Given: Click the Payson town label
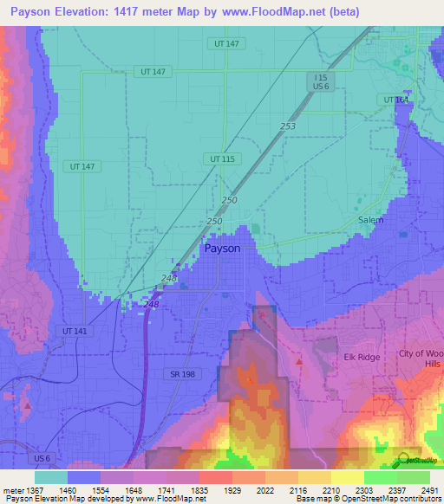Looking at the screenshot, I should [222, 248].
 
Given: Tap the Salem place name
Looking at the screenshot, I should [370, 220].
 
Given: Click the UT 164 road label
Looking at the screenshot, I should [395, 100].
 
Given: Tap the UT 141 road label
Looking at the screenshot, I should [76, 331].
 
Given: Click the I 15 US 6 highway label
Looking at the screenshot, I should [322, 82].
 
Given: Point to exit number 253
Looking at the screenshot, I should [288, 126].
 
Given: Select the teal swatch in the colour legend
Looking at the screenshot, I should [50, 477].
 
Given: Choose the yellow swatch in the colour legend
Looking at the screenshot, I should [347, 477].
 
